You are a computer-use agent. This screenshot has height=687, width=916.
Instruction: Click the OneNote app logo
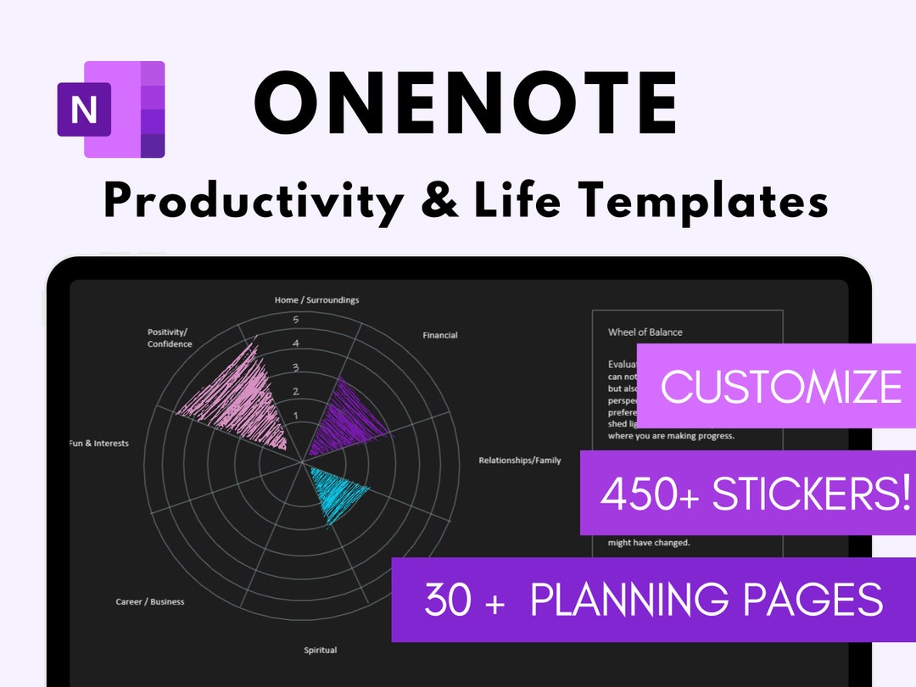click(x=111, y=109)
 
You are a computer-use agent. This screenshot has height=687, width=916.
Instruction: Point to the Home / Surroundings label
click(x=316, y=300)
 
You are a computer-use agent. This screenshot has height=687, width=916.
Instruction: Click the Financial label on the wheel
click(x=440, y=335)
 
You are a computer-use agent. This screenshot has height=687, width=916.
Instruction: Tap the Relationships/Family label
click(x=520, y=461)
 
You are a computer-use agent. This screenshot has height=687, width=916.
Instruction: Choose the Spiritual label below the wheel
click(x=321, y=651)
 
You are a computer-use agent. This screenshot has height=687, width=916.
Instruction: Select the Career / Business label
click(x=150, y=602)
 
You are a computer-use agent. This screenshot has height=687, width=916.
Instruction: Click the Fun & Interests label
click(x=99, y=444)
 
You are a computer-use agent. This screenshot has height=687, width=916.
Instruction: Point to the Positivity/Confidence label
click(x=170, y=338)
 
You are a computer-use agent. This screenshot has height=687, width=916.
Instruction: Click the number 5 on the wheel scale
click(x=296, y=320)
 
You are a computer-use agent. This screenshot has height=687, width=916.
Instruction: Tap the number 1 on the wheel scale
click(x=296, y=416)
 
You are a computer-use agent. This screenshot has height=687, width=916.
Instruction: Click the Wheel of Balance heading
click(x=645, y=332)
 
